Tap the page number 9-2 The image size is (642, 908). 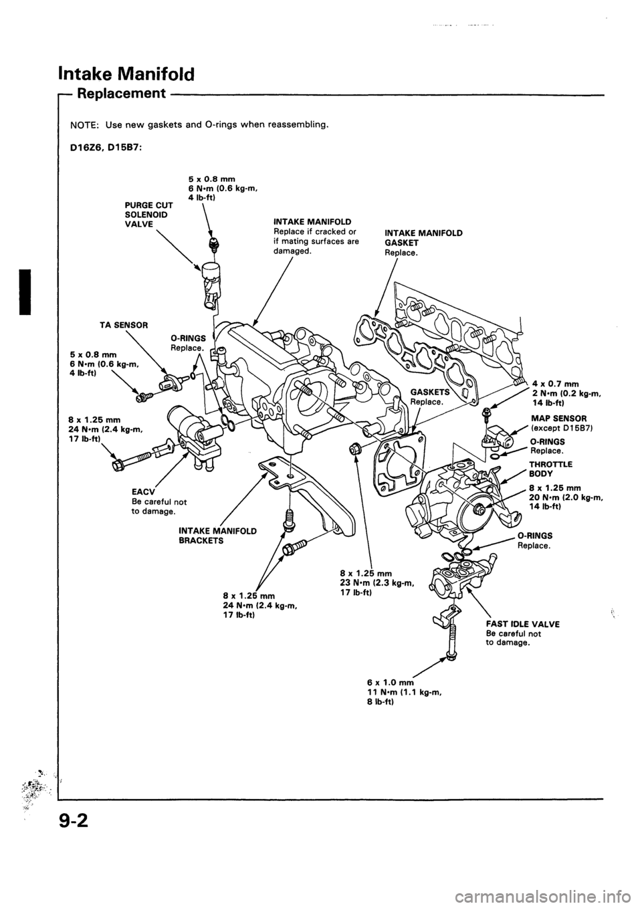88,856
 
